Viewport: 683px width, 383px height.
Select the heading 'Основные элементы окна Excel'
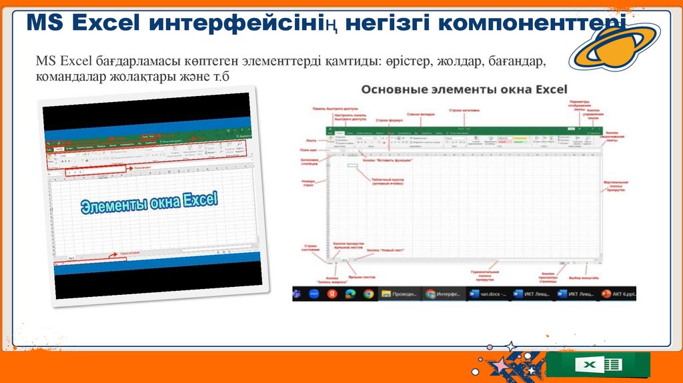click(x=464, y=89)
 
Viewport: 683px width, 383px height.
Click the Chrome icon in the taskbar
click(x=368, y=294)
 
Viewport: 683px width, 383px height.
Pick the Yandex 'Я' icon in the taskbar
click(x=331, y=294)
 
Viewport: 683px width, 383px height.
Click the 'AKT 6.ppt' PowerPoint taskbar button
click(x=617, y=294)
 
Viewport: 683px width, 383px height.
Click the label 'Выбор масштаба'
click(x=584, y=277)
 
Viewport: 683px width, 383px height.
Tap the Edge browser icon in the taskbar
click(x=350, y=294)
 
